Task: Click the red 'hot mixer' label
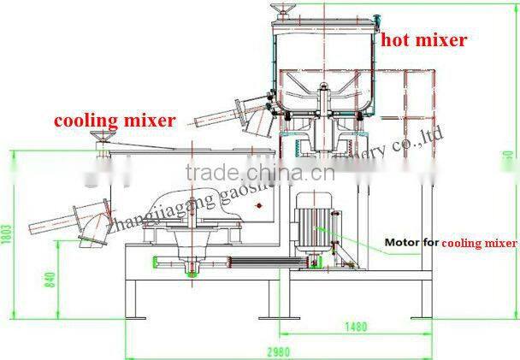423,39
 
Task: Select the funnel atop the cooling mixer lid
104,139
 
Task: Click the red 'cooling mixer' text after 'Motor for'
479,243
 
